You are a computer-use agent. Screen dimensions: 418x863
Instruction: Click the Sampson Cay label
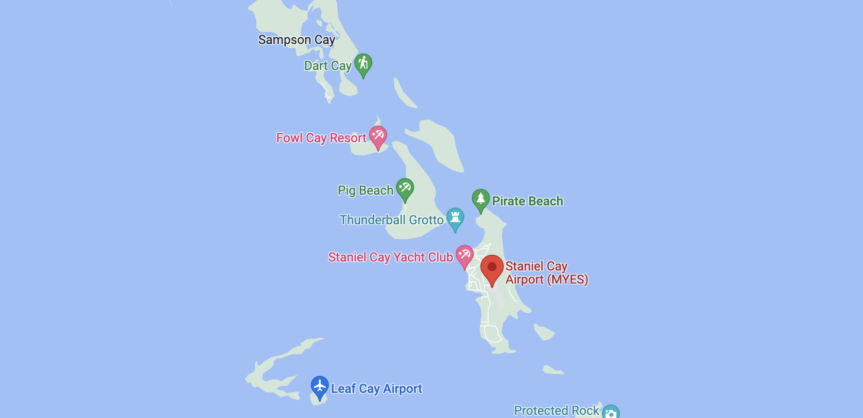[x=296, y=40]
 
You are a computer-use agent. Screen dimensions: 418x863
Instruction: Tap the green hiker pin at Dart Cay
[x=363, y=64]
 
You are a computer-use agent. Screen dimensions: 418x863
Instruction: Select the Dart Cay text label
[x=327, y=66]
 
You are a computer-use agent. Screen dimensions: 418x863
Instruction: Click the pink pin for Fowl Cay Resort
[x=378, y=135]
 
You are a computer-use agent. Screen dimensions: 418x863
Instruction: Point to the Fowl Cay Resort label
[x=321, y=138]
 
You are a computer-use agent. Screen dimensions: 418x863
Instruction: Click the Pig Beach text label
[x=365, y=191]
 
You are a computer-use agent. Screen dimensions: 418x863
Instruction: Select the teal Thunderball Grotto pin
[x=455, y=218]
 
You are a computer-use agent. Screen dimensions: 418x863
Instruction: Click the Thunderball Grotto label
[x=391, y=220]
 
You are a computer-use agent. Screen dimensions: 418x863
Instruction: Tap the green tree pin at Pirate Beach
[x=480, y=199]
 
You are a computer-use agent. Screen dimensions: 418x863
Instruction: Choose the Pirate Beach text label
[x=527, y=201]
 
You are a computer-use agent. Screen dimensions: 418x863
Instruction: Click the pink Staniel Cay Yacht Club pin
[x=465, y=255]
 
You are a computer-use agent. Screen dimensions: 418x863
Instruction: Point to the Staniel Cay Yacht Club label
[x=390, y=257]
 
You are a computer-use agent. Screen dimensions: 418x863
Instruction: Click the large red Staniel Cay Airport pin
[x=492, y=268]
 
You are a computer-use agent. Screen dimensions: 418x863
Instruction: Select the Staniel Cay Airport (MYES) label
[x=546, y=273]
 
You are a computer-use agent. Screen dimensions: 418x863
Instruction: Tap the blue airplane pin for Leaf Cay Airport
[x=320, y=386]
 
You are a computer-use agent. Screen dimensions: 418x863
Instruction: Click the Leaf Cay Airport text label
[x=376, y=388]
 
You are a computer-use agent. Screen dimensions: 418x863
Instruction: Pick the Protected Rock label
[x=556, y=410]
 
